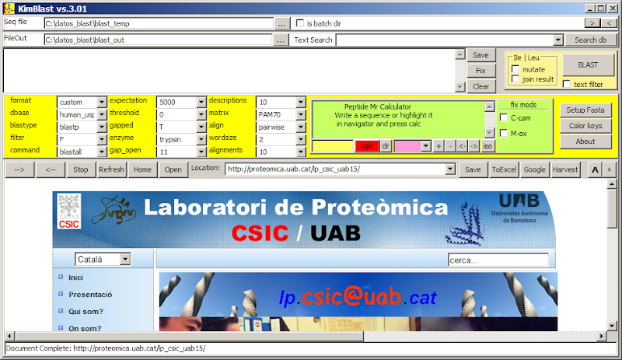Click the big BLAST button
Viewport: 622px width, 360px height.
[x=589, y=65]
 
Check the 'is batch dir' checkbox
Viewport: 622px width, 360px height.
[x=300, y=23]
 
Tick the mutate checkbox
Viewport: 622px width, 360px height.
[x=515, y=69]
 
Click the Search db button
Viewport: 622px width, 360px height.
[x=591, y=40]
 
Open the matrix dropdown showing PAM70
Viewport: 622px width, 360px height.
[x=281, y=114]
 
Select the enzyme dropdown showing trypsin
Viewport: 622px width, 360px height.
[x=182, y=139]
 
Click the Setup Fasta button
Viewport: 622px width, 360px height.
[x=585, y=110]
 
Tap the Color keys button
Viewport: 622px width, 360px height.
[x=585, y=126]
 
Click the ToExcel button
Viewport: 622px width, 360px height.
[x=504, y=170]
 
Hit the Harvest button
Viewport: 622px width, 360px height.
[x=565, y=170]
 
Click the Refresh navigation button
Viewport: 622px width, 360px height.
[x=111, y=170]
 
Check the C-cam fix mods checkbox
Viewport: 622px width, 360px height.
[x=504, y=118]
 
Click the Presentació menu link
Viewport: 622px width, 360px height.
[x=90, y=295]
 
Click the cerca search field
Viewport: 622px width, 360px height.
[x=498, y=260]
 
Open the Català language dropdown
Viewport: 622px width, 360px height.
[x=103, y=259]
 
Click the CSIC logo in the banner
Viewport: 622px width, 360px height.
[x=69, y=211]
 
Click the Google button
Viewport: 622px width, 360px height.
[x=534, y=170]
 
